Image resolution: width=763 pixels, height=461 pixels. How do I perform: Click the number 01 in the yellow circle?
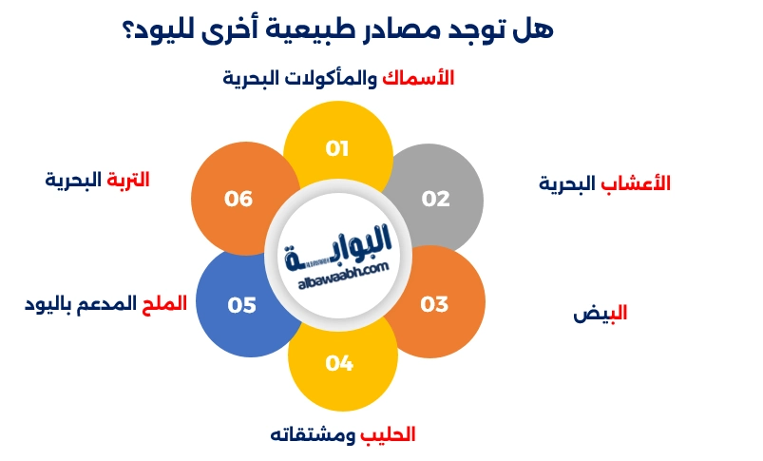338,149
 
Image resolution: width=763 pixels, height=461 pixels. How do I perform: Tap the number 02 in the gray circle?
435,199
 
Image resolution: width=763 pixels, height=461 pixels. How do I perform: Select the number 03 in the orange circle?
434,304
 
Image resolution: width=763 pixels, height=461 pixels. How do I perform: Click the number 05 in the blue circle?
242,305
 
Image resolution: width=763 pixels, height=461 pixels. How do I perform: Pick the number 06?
238,199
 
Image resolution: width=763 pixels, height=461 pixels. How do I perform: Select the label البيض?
601,313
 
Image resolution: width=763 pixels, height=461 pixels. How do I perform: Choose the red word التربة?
127,180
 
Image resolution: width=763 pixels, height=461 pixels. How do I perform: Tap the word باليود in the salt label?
48,304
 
